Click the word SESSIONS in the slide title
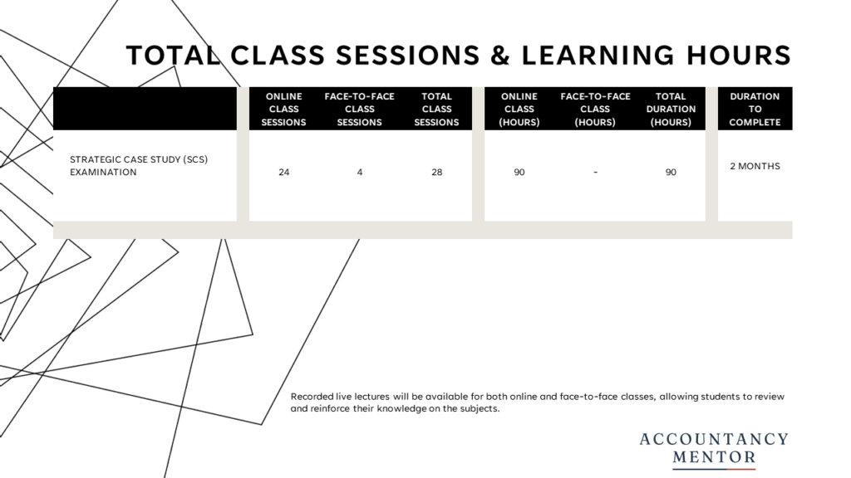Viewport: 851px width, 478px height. tap(407, 56)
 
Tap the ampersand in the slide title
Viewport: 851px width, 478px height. tap(500, 56)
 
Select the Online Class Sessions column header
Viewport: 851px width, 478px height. tap(284, 109)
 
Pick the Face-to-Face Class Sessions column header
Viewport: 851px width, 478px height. tap(359, 109)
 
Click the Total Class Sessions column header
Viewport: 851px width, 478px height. tap(436, 109)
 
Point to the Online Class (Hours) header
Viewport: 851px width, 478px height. tap(519, 109)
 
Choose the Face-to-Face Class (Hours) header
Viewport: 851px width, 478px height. tap(595, 109)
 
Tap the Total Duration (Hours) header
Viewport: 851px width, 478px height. tap(671, 109)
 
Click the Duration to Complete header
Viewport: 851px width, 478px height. tap(755, 109)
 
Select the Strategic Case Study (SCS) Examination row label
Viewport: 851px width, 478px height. tap(139, 166)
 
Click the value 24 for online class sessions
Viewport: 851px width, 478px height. tap(284, 173)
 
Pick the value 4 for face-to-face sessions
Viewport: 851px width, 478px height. tap(360, 173)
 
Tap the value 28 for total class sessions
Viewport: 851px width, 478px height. tap(437, 173)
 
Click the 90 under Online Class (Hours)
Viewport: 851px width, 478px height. tap(519, 173)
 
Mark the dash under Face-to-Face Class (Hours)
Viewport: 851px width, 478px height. tap(595, 173)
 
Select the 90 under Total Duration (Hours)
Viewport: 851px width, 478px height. tap(671, 173)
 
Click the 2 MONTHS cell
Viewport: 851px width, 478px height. tap(755, 166)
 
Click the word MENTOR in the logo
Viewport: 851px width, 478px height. tap(714, 457)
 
